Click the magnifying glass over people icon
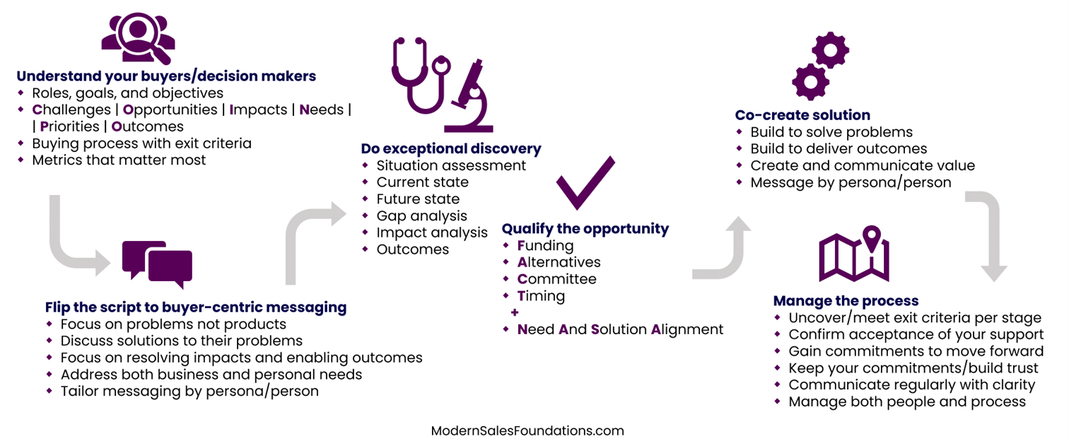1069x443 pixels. [138, 38]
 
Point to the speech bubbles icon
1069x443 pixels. [157, 264]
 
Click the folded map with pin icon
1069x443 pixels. [854, 254]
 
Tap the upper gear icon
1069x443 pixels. [830, 49]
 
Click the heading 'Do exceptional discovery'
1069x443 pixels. [451, 149]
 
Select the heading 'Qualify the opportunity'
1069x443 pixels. [585, 229]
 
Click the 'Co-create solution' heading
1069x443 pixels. [802, 115]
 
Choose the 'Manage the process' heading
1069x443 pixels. [846, 301]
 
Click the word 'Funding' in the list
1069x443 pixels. [546, 246]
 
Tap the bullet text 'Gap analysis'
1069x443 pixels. [422, 216]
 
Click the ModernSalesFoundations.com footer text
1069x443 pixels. [527, 430]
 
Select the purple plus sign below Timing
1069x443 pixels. [515, 313]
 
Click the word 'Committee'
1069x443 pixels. [557, 279]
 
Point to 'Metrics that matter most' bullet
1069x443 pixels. [119, 160]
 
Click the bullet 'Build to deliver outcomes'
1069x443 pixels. [839, 149]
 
